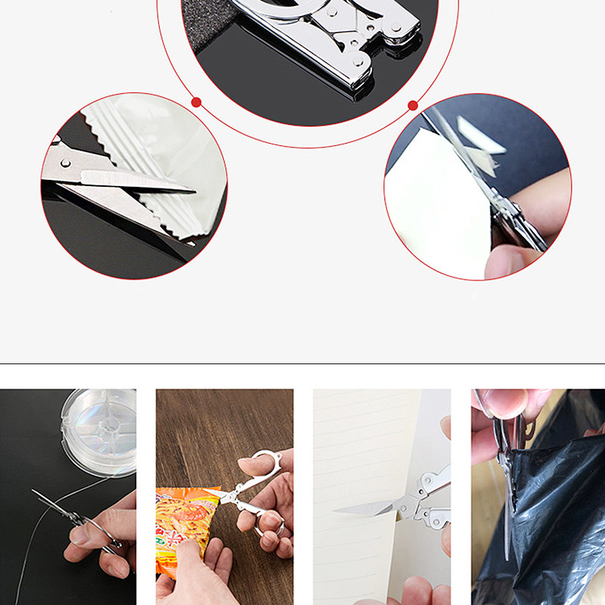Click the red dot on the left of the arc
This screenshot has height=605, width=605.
tap(196, 102)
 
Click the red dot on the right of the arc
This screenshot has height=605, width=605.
tap(413, 105)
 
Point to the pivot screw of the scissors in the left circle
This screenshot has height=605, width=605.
tap(64, 162)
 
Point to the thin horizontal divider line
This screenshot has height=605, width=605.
tap(302, 364)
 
